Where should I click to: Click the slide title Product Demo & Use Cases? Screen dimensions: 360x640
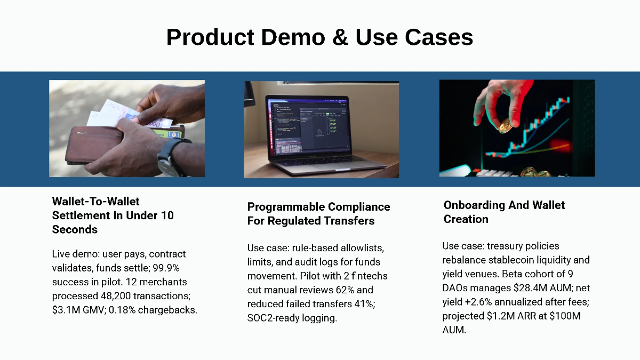tap(319, 37)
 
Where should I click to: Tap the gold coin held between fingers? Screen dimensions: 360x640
tap(505, 126)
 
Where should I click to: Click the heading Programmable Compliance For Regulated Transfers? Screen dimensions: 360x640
tap(318, 214)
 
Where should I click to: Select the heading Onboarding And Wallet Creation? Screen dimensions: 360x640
tap(504, 212)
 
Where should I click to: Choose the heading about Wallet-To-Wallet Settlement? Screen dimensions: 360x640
tap(113, 215)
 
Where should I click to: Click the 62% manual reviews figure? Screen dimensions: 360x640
tap(353, 290)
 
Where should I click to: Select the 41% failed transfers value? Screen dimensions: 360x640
tap(366, 304)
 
